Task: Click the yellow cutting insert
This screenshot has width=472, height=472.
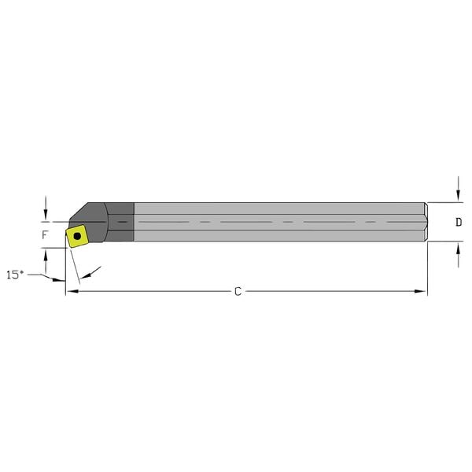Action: point(77,235)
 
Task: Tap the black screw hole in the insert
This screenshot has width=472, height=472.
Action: point(77,234)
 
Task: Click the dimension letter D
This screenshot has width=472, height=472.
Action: point(458,223)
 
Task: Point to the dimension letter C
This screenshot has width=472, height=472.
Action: point(238,292)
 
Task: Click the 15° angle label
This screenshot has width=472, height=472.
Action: point(14,275)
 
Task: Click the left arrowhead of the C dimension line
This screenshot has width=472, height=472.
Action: point(69,292)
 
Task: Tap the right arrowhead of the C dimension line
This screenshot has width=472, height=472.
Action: point(422,292)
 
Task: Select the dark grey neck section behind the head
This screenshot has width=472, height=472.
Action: point(120,222)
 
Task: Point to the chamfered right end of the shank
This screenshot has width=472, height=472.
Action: point(426,222)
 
